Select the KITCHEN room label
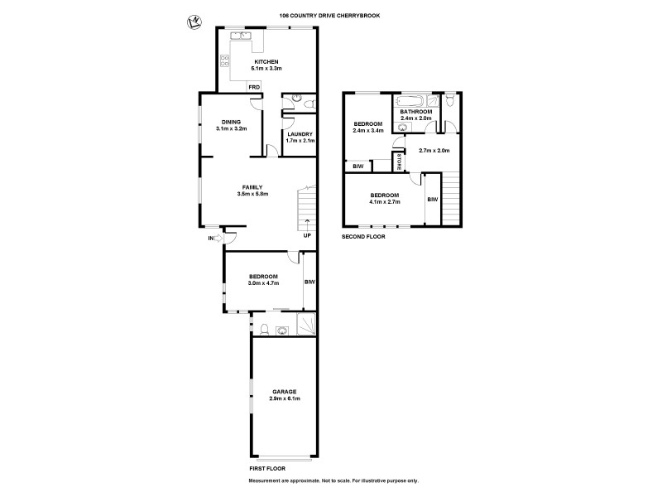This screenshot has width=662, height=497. [x=266, y=62]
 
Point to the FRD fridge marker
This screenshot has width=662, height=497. [x=254, y=86]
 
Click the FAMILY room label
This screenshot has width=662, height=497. [x=252, y=187]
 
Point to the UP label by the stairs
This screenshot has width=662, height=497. [x=306, y=234]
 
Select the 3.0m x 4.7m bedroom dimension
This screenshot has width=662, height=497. [x=263, y=283]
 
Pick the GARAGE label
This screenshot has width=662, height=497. [x=284, y=391]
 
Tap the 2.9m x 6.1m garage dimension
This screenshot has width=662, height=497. [x=284, y=398]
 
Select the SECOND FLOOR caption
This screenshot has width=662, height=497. [x=363, y=236]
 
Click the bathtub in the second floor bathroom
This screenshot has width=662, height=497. [x=410, y=102]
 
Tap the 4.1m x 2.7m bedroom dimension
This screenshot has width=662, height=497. [x=384, y=201]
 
